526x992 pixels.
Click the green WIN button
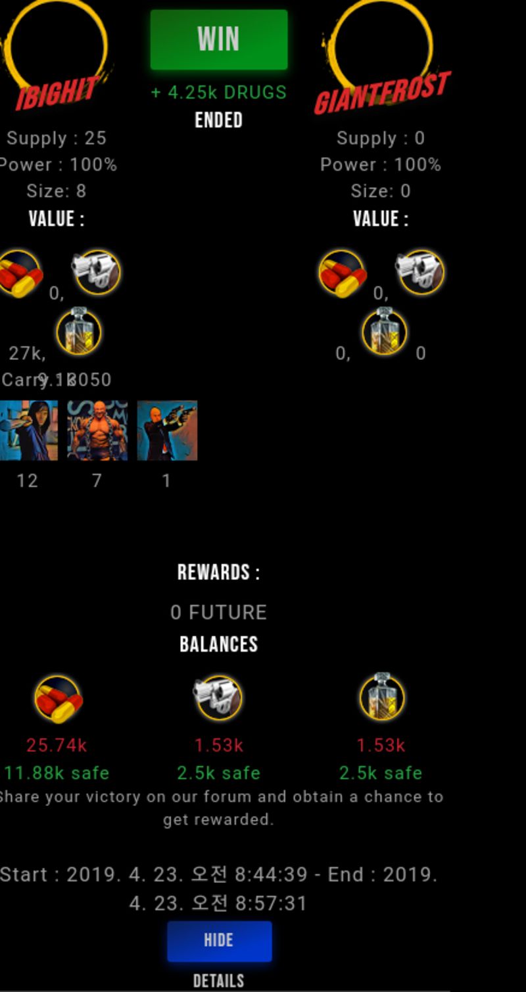tap(218, 39)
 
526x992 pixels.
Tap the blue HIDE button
tap(219, 941)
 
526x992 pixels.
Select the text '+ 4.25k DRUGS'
tap(218, 93)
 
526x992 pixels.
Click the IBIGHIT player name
tap(57, 93)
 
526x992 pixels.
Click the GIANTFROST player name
tap(382, 93)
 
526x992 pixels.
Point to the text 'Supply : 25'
tap(57, 139)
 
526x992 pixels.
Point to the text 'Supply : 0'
tap(381, 139)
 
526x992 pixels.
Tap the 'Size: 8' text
tap(57, 191)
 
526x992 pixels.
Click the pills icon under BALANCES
tap(58, 698)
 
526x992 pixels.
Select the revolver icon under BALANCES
tap(218, 698)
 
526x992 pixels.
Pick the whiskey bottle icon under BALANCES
tap(382, 696)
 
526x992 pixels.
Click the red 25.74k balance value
tap(57, 746)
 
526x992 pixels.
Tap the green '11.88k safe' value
tap(57, 773)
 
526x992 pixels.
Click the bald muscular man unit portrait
tap(97, 430)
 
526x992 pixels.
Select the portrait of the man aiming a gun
tap(167, 430)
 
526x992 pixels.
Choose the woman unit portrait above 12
tap(28, 430)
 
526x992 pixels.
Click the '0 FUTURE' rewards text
tap(218, 613)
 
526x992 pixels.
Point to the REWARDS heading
tap(218, 573)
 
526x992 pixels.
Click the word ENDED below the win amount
tap(218, 121)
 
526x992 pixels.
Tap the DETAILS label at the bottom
tap(218, 981)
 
